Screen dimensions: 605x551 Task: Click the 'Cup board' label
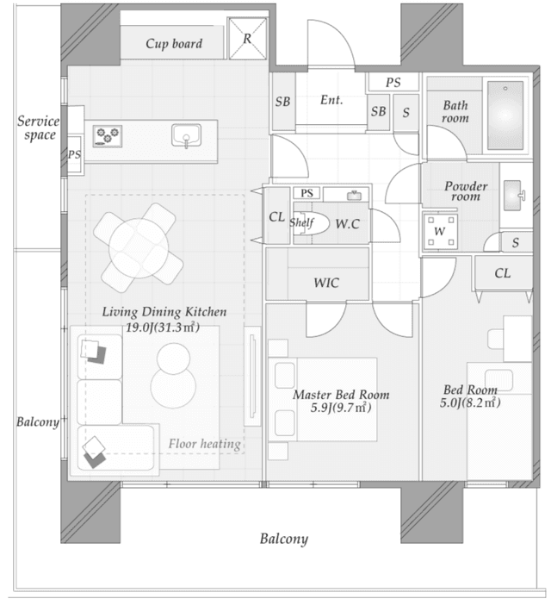pyautogui.click(x=174, y=43)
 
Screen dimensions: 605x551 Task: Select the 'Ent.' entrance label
pyautogui.click(x=331, y=100)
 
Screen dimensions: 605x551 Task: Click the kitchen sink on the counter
pyautogui.click(x=186, y=135)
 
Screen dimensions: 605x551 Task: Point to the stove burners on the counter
pyautogui.click(x=108, y=135)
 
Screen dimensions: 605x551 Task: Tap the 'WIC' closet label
pyautogui.click(x=326, y=282)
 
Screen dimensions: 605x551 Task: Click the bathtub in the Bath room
pyautogui.click(x=505, y=115)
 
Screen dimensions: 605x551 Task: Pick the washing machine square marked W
pyautogui.click(x=439, y=231)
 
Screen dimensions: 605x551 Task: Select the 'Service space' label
pyautogui.click(x=38, y=128)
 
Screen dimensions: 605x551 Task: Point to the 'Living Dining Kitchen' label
pyautogui.click(x=164, y=312)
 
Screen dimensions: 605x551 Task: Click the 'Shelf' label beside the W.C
pyautogui.click(x=300, y=223)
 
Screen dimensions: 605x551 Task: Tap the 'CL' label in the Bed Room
pyautogui.click(x=503, y=273)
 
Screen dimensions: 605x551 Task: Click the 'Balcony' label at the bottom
pyautogui.click(x=284, y=540)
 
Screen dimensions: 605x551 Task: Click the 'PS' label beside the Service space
pyautogui.click(x=74, y=154)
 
